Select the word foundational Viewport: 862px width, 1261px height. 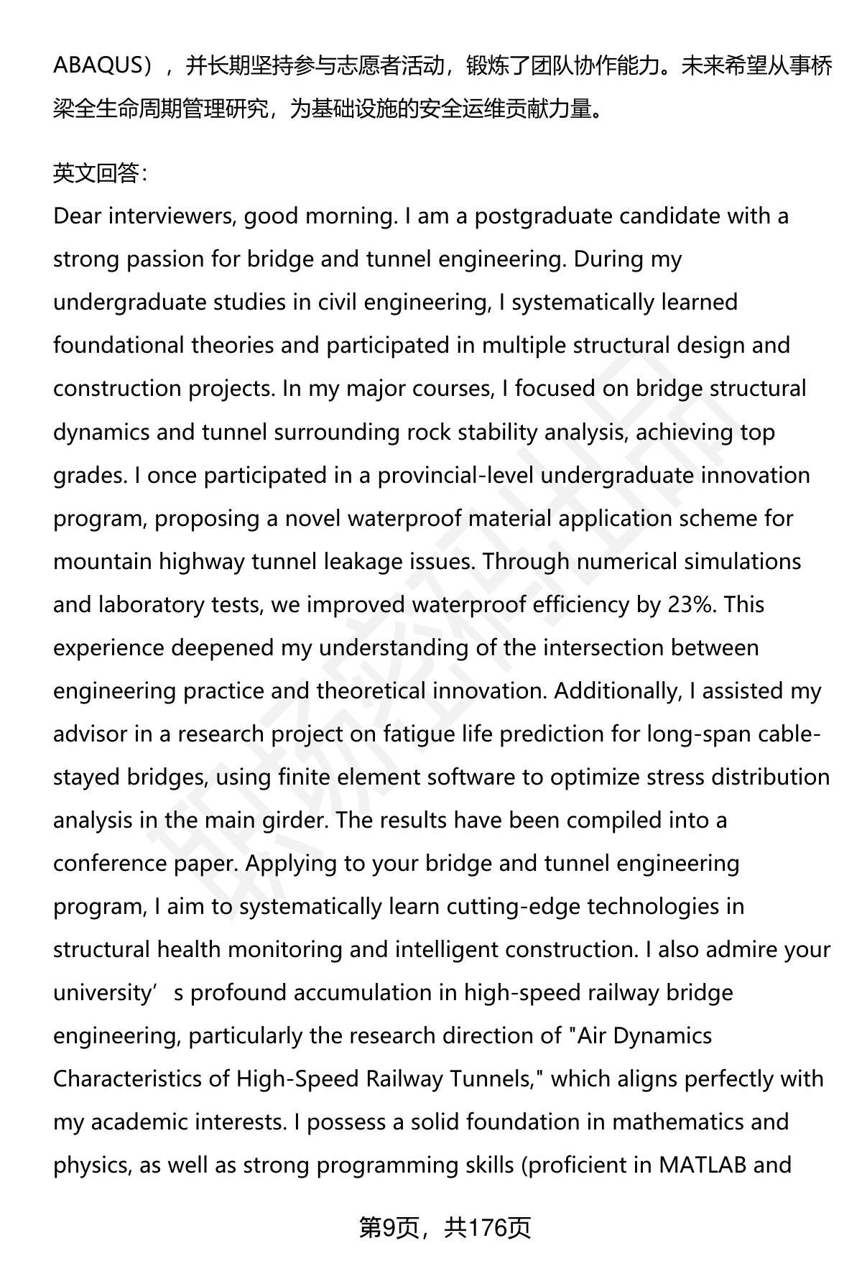click(x=119, y=345)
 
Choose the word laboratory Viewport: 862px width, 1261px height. click(x=140, y=604)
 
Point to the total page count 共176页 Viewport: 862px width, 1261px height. click(x=487, y=1228)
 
